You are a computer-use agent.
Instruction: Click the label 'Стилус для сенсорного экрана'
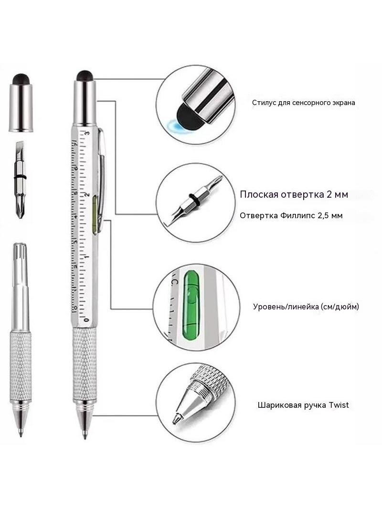304,103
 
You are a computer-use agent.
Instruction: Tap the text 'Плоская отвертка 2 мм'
294,194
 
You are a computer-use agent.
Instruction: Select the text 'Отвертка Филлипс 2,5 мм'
291,215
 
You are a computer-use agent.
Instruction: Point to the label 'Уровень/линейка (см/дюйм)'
306,307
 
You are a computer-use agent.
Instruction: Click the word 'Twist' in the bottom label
339,405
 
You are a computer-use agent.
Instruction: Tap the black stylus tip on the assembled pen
85,75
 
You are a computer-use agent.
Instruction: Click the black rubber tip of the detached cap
21,79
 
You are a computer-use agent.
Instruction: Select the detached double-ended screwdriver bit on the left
20,180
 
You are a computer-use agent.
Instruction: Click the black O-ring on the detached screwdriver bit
20,177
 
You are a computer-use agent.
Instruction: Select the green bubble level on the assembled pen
95,214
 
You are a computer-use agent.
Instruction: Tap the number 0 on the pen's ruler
86,320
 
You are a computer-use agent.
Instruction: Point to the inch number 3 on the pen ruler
87,133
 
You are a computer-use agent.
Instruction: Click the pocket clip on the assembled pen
101,175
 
